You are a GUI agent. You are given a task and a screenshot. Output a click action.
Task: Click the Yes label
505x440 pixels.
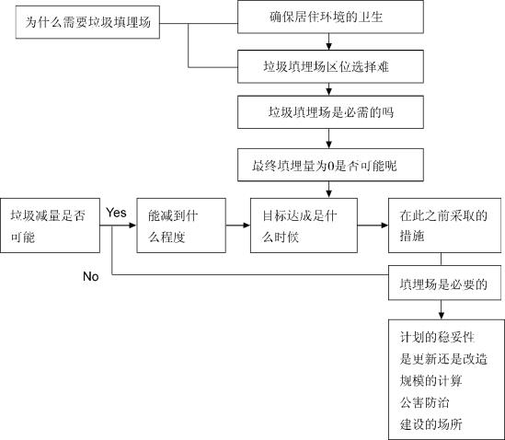point(116,213)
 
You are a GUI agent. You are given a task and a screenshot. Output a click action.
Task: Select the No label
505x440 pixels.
point(90,276)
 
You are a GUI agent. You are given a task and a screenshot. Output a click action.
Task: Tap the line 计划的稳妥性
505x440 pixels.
point(437,337)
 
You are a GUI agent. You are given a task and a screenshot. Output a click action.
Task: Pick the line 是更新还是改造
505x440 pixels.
point(443,359)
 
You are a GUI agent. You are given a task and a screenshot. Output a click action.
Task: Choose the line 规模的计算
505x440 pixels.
point(430,381)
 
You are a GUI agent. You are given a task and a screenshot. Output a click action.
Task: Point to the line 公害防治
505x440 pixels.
point(424,402)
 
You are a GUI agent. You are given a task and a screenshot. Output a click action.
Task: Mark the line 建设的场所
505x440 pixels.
point(430,424)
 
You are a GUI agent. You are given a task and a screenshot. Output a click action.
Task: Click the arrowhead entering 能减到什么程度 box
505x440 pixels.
point(133,226)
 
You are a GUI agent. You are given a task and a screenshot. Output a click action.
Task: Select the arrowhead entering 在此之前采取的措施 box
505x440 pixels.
point(384,226)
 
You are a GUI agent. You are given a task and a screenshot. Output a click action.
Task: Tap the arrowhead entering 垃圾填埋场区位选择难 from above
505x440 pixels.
point(328,46)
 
